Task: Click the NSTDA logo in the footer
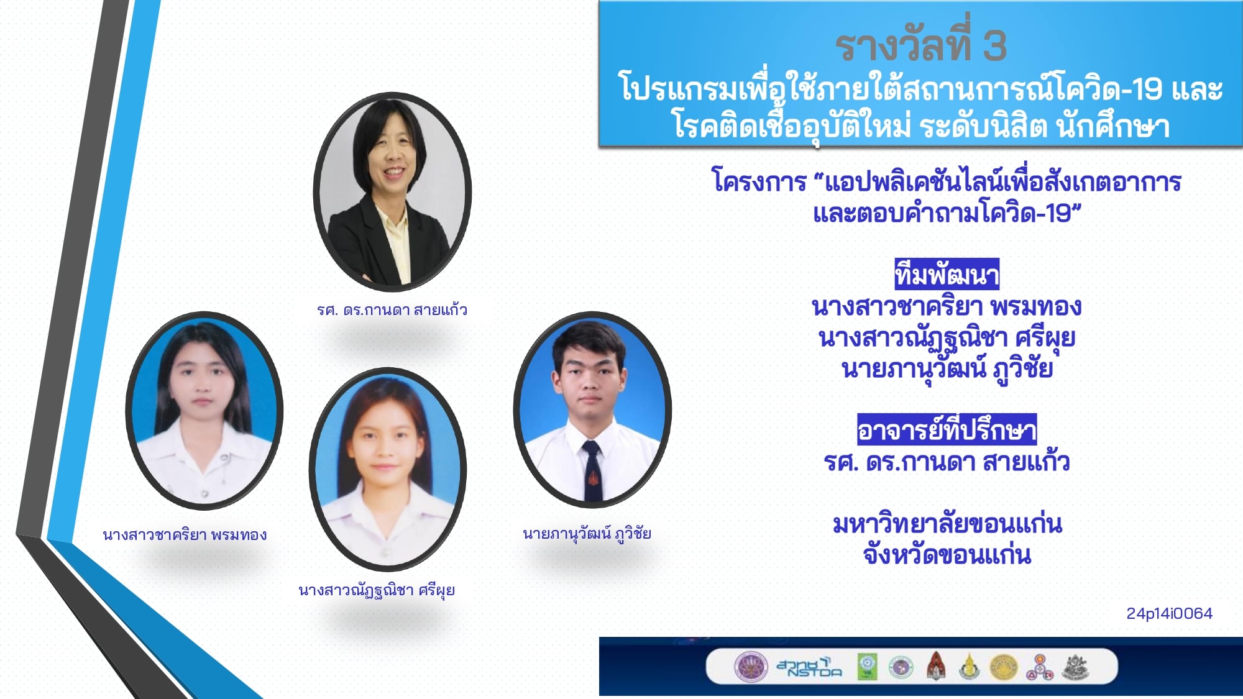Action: click(809, 667)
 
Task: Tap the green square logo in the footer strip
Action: click(868, 667)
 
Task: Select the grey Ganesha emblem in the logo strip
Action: click(1076, 667)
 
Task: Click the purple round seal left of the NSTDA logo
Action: click(751, 667)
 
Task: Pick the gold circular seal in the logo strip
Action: click(1003, 667)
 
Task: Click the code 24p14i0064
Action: click(1169, 613)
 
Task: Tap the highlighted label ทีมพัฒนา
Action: click(947, 274)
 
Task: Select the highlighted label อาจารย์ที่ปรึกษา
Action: click(947, 429)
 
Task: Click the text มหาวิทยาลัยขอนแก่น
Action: click(947, 524)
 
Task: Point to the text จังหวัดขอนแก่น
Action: click(947, 554)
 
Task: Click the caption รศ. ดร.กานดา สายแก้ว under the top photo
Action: click(392, 309)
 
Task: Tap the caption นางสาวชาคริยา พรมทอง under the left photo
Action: click(185, 534)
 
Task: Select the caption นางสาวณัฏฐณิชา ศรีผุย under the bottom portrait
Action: click(377, 590)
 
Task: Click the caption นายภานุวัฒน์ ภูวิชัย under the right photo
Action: click(587, 534)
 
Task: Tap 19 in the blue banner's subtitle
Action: click(1147, 89)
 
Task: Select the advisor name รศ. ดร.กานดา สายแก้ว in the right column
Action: click(947, 462)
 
